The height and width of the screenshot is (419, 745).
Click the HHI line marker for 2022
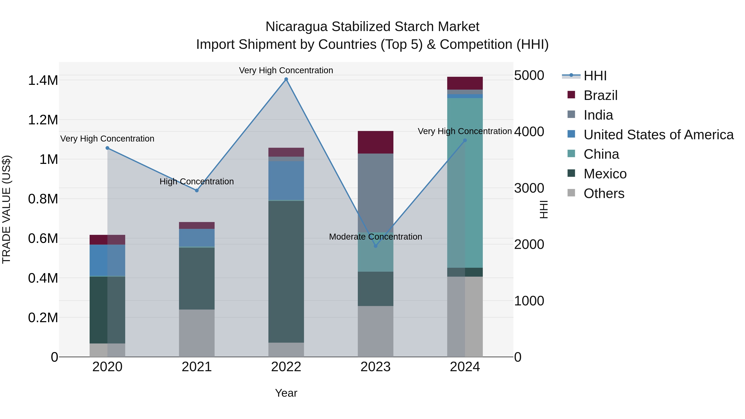point(286,79)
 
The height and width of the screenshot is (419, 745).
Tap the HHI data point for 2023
point(375,246)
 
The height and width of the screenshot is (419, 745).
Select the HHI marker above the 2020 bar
point(107,148)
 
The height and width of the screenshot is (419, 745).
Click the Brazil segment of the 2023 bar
point(375,142)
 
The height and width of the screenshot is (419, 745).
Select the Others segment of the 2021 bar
point(197,333)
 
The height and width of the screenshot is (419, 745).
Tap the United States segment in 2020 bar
point(107,260)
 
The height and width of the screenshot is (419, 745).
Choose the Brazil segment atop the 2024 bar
point(465,83)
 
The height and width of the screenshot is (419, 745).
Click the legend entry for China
point(601,154)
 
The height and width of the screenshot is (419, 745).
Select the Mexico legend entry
point(605,174)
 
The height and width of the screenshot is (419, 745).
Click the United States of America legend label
point(658,135)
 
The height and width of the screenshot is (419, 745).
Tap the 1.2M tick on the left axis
point(43,120)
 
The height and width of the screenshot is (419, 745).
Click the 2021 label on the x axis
point(197,367)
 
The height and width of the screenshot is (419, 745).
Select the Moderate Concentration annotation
point(375,237)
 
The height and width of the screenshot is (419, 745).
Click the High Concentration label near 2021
point(197,182)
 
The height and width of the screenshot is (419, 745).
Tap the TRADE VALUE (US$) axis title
point(6,209)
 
